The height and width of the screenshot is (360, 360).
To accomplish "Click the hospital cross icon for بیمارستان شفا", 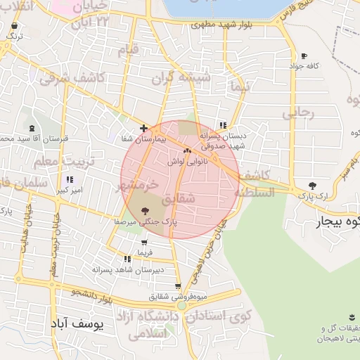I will coord(144,129).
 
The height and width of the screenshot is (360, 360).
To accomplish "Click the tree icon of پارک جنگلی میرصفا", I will coord(146,210).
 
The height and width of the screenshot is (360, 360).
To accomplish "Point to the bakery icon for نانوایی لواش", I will coord(186,150).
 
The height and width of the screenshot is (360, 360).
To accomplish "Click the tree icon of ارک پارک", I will coord(312,186).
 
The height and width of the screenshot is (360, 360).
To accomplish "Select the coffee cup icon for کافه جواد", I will coord(304,56).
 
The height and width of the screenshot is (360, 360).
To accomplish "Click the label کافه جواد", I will coord(304,66).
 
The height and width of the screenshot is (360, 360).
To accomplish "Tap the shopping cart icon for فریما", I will coord(144,243).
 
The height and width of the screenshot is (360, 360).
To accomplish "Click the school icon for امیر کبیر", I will coord(70,180).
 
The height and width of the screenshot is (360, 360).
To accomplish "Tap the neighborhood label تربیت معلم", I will coord(46,162).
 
